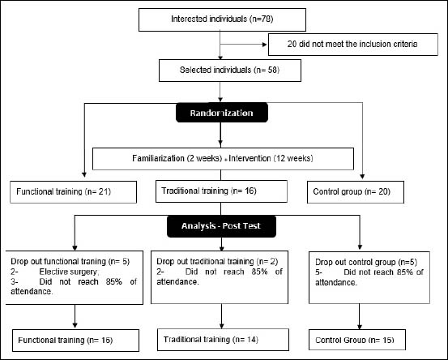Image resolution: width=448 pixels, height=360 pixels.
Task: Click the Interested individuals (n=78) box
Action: point(222,19)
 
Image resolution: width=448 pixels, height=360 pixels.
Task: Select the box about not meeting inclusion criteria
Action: point(353,45)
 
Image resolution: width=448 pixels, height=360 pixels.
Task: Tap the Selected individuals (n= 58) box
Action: point(230,71)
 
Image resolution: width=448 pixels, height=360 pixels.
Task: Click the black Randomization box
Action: point(222,113)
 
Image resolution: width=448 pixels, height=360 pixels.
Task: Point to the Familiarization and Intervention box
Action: point(223,159)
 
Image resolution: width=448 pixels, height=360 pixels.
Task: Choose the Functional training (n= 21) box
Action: point(73,192)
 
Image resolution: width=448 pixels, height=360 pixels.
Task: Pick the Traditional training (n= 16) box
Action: point(221,191)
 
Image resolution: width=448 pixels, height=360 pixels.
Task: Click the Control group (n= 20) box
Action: point(356,192)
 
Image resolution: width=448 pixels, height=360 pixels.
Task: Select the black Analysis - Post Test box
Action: point(221,226)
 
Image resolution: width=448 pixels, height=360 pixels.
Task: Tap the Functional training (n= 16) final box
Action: point(75,341)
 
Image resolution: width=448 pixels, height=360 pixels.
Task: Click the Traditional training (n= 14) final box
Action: point(223,340)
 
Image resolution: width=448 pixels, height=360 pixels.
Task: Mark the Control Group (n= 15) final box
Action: point(356,340)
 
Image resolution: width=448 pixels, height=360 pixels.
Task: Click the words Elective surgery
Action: point(69,272)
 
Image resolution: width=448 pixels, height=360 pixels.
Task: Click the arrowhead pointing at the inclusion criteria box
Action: point(265,45)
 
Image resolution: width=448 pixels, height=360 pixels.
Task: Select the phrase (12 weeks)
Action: point(293,158)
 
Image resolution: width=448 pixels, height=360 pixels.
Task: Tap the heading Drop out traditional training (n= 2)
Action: point(217,261)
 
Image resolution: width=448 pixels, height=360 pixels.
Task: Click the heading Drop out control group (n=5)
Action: point(366,262)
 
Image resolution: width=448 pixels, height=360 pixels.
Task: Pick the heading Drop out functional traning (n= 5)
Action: point(70,261)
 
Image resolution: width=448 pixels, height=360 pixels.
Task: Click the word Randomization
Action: point(222,113)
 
